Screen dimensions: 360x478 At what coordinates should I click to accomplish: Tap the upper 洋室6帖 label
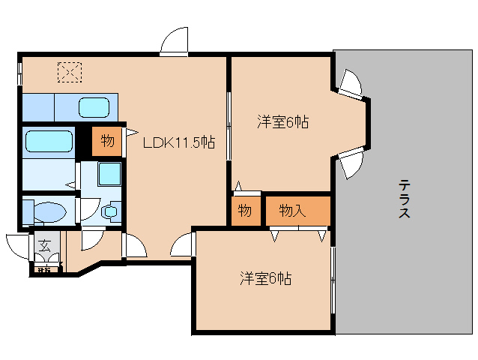[x=283, y=121]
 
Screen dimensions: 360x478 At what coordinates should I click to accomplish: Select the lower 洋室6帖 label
[x=266, y=279]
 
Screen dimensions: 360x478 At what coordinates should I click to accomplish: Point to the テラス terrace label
[x=404, y=198]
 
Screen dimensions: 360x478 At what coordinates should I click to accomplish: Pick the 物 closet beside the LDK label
[x=107, y=141]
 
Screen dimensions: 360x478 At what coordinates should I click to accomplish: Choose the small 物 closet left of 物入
[x=244, y=211]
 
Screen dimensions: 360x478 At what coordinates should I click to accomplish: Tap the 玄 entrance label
[x=44, y=245]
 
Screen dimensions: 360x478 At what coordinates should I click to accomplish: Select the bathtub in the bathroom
[x=49, y=141]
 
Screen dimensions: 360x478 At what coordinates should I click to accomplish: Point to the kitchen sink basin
[x=94, y=107]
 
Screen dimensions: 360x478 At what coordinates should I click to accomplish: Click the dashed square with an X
[x=70, y=72]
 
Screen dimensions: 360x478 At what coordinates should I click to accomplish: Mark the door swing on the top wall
[x=173, y=41]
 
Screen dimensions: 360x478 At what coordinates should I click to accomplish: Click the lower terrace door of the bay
[x=350, y=161]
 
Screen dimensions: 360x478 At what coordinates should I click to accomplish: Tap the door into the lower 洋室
[x=183, y=244]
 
